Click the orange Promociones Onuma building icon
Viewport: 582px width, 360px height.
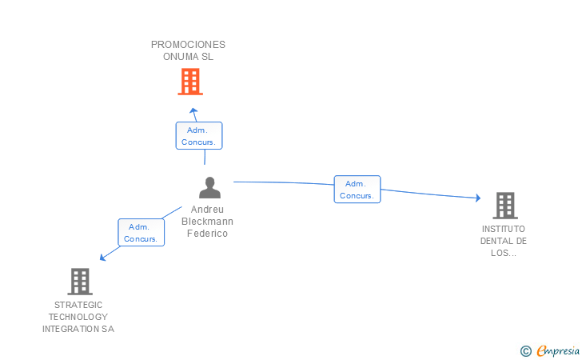coord(189,82)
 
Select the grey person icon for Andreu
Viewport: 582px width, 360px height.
coord(209,188)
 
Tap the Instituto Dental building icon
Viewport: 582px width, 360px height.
coord(504,206)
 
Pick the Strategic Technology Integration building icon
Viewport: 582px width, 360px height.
coord(79,282)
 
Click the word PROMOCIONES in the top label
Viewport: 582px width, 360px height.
coord(188,45)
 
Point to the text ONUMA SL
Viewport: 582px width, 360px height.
coord(189,57)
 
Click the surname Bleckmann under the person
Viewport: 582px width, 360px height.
coord(208,222)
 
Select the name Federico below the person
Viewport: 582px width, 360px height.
coord(208,234)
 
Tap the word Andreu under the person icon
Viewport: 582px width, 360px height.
coord(208,210)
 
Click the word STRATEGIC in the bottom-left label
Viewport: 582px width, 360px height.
coord(78,305)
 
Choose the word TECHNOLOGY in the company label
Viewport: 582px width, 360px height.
coord(78,317)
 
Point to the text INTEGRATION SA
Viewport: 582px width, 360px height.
coord(78,329)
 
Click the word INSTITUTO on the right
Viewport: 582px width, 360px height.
coord(504,229)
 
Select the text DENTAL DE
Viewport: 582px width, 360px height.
coord(504,241)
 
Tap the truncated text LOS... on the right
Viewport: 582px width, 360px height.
coord(504,253)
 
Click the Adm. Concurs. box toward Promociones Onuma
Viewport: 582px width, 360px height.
coord(199,136)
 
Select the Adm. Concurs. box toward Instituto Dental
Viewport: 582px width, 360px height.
coord(357,190)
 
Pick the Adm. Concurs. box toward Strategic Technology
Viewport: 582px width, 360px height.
coord(142,233)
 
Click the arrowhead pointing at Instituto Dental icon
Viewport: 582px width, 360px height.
coord(477,198)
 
